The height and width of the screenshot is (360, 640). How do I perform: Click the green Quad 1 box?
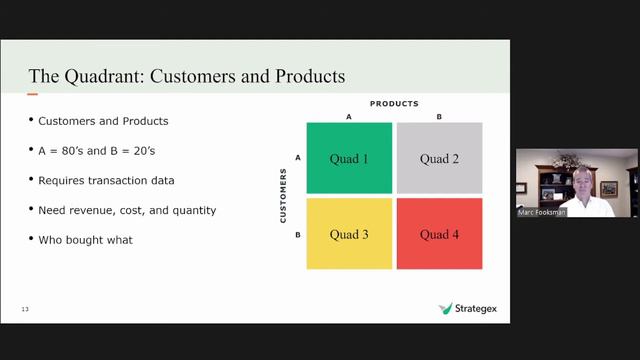[349, 158]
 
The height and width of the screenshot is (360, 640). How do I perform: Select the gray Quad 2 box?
[440, 158]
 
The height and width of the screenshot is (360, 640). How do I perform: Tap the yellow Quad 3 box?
[349, 234]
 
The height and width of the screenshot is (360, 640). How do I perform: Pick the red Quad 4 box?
[440, 234]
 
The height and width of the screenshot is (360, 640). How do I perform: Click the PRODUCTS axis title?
[394, 104]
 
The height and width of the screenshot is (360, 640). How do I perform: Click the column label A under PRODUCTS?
[349, 117]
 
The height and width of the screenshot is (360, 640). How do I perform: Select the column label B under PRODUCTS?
[439, 117]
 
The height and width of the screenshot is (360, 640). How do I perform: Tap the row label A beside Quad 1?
[298, 158]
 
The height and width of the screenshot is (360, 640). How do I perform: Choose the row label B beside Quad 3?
[298, 234]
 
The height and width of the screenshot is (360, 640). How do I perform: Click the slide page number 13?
[25, 309]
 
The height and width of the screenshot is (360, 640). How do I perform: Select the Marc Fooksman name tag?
[540, 212]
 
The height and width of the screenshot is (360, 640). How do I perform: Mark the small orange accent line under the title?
[33, 95]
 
